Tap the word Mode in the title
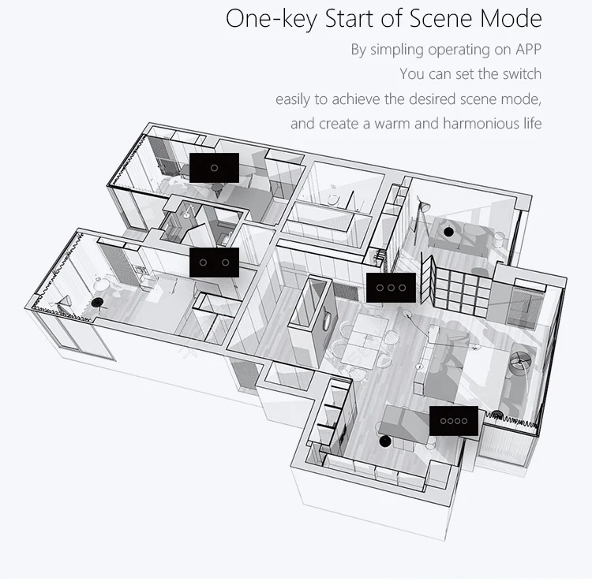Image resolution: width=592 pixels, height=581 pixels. pyautogui.click(x=511, y=18)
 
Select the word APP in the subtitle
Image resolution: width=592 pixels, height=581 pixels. pyautogui.click(x=529, y=50)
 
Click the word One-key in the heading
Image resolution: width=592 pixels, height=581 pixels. pyautogui.click(x=272, y=19)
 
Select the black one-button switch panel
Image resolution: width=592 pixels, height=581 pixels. pyautogui.click(x=214, y=168)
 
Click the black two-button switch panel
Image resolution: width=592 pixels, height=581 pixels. pyautogui.click(x=214, y=263)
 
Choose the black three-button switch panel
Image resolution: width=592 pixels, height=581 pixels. pyautogui.click(x=392, y=288)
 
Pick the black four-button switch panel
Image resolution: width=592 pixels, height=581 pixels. pyautogui.click(x=454, y=421)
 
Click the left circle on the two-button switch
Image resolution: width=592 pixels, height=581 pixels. pyautogui.click(x=203, y=263)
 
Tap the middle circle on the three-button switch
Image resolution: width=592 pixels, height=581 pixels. pyautogui.click(x=392, y=288)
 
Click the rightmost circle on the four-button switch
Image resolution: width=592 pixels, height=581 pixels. pyautogui.click(x=464, y=421)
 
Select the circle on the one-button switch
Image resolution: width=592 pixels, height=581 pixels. pyautogui.click(x=214, y=168)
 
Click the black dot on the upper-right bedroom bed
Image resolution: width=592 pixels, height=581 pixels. pyautogui.click(x=448, y=232)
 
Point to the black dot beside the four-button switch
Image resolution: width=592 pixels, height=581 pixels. pyautogui.click(x=384, y=441)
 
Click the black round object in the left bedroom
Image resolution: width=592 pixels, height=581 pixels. pyautogui.click(x=97, y=302)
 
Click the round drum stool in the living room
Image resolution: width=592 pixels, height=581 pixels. pyautogui.click(x=520, y=361)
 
